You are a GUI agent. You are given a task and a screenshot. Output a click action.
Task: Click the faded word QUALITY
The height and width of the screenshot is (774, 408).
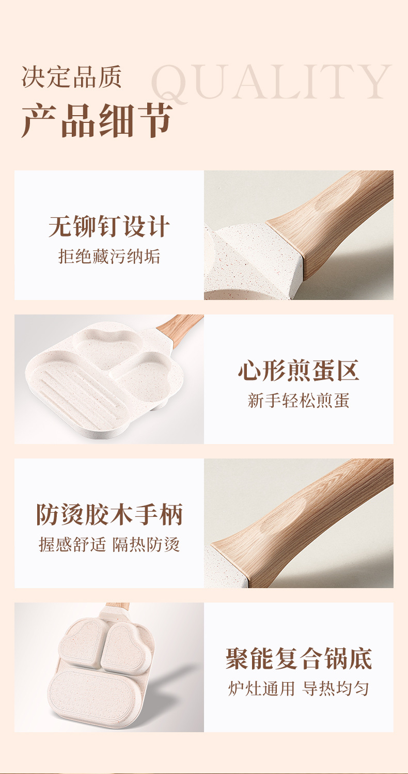[x=271, y=83]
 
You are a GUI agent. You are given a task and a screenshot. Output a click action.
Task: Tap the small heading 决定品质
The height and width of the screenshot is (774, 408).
[x=71, y=76]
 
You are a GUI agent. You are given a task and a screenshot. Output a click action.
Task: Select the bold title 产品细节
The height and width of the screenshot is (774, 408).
[x=97, y=120]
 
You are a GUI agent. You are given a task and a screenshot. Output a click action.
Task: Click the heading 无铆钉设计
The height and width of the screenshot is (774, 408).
[x=109, y=227]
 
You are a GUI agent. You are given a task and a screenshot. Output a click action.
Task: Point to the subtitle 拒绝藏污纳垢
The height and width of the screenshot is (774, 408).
[x=109, y=256]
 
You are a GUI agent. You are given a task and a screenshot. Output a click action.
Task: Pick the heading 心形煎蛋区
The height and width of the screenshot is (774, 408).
[x=299, y=371]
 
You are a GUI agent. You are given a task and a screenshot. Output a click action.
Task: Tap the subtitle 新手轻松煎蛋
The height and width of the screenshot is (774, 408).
[x=299, y=400]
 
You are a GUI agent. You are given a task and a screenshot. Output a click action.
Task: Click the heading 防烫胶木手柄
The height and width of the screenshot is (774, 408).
[x=109, y=515]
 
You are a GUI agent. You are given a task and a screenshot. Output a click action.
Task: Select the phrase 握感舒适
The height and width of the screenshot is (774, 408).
[x=72, y=544]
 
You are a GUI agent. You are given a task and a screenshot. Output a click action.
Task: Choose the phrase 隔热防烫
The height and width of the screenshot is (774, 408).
[x=146, y=544]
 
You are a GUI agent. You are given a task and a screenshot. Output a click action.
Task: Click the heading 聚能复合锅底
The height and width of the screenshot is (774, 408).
[x=299, y=659]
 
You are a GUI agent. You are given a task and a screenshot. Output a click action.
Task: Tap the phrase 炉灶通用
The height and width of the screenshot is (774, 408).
[x=261, y=688]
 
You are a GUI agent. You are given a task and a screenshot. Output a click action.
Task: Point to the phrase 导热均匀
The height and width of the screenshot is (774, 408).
[x=336, y=688]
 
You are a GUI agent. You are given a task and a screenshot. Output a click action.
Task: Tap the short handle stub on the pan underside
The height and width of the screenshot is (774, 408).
[x=118, y=608]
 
